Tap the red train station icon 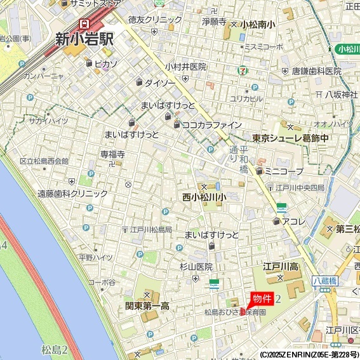click(83, 23)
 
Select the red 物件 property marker click(262, 299)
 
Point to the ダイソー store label click(159, 83)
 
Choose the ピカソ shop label click(105, 63)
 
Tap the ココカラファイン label click(211, 124)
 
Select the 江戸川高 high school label click(281, 266)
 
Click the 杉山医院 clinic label click(196, 267)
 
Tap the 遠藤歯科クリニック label click(72, 193)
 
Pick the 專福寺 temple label click(112, 154)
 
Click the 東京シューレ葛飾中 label click(290, 138)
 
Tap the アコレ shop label click(294, 221)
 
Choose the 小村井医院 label click(185, 67)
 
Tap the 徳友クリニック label click(150, 20)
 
